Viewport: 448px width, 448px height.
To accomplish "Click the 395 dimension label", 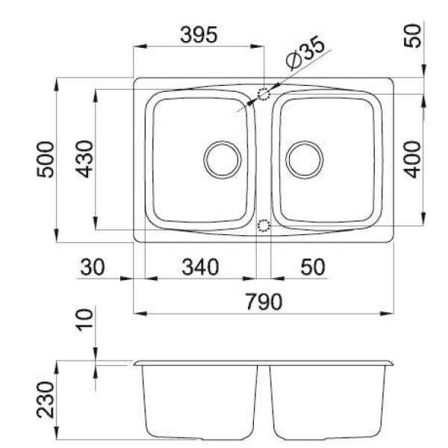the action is pos(199,34).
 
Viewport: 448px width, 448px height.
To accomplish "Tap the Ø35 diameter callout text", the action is pos(305,53).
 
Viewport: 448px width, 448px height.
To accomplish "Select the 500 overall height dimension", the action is pos(45,160).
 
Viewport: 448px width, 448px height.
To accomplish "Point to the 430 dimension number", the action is pos(84,159).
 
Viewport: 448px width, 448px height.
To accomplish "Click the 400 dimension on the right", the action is pos(412,159).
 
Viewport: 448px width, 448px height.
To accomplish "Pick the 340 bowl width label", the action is pos(201,267).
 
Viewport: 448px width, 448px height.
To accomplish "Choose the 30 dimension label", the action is pos(93,267).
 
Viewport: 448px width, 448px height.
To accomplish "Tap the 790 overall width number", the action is pos(264,302).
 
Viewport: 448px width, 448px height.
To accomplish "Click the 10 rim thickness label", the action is pos(84,320).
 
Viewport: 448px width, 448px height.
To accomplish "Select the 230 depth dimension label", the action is pos(45,399).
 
